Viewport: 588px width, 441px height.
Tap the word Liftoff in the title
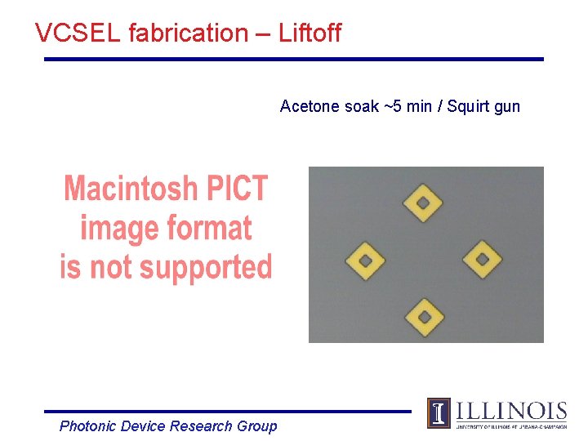point(310,33)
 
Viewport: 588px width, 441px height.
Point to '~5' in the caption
point(394,106)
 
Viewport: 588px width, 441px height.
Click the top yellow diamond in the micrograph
point(424,203)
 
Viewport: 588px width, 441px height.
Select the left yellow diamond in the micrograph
point(366,261)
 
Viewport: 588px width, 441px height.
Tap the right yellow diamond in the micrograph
point(482,260)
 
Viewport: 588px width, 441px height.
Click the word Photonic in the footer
point(87,426)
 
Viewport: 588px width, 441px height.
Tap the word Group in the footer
point(256,426)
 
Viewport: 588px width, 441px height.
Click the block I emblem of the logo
point(439,413)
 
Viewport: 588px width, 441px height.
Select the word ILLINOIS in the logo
point(511,411)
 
